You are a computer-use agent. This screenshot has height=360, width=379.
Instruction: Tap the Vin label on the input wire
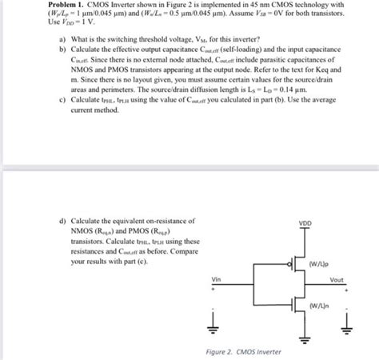(x=216, y=279)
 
